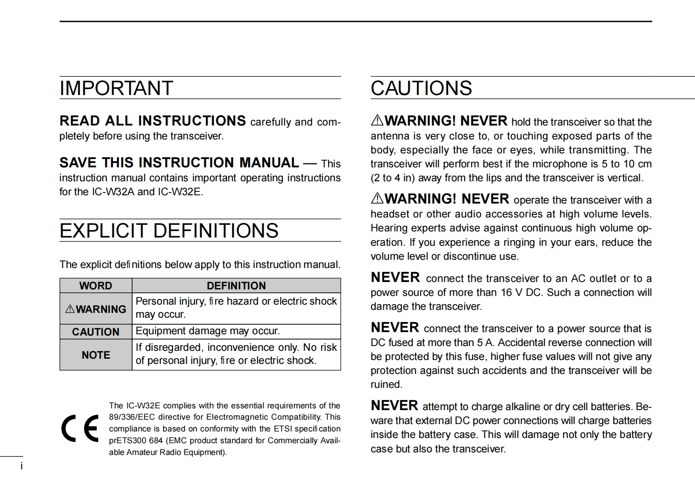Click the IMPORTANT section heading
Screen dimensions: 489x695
click(116, 88)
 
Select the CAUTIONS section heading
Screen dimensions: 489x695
click(421, 88)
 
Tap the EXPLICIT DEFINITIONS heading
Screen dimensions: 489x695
click(169, 231)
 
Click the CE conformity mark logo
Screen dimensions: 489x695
click(80, 429)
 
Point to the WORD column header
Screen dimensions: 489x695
click(95, 286)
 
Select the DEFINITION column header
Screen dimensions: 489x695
click(236, 286)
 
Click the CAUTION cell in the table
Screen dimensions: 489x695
click(95, 332)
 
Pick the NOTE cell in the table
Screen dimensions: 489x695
click(95, 355)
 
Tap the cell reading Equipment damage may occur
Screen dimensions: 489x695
click(208, 331)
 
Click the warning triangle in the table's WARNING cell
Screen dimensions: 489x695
click(70, 309)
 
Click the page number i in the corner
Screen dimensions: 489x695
click(21, 466)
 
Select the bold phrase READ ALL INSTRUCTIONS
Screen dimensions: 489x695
click(153, 121)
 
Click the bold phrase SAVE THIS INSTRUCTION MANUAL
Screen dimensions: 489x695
click(179, 163)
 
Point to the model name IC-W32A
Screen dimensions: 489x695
click(113, 192)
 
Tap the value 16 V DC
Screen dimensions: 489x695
click(521, 292)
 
